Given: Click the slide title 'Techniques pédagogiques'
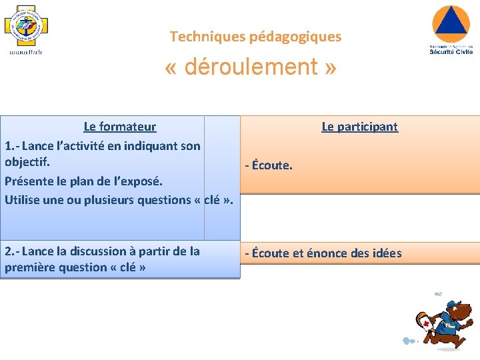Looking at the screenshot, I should (255, 37).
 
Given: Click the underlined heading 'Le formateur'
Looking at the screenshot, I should (120, 127).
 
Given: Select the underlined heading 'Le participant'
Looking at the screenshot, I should (359, 127).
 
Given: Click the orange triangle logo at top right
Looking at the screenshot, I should (451, 23).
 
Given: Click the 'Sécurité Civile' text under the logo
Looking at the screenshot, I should (451, 51).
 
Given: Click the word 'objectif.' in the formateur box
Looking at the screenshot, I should (27, 162).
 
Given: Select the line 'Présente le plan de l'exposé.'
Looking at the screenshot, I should (83, 181).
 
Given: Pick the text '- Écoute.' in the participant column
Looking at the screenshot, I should (269, 165).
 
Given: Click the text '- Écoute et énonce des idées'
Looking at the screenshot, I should (323, 253).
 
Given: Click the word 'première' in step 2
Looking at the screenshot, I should (29, 267).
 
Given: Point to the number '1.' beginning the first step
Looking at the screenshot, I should (9, 145).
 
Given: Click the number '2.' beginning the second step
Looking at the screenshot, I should (9, 251).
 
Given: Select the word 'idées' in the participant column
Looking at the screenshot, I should (387, 253).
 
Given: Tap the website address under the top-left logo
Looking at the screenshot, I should (25, 52).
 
